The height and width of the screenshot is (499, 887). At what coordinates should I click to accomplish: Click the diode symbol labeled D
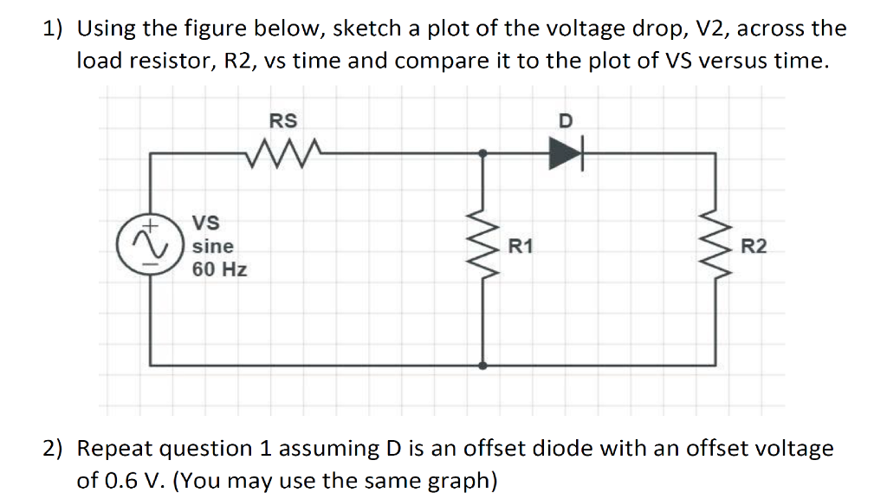[565, 154]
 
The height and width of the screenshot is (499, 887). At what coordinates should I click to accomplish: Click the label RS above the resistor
[283, 120]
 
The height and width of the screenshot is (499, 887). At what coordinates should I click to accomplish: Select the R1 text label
[521, 248]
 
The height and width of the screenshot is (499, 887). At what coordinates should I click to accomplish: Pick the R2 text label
[754, 248]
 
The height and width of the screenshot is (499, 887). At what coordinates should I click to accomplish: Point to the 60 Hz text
[219, 269]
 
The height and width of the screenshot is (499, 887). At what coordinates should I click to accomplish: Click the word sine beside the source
[212, 246]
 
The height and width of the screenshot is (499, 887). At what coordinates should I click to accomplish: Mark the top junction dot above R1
[483, 153]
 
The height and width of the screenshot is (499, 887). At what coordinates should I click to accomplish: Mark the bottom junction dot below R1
[483, 366]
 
